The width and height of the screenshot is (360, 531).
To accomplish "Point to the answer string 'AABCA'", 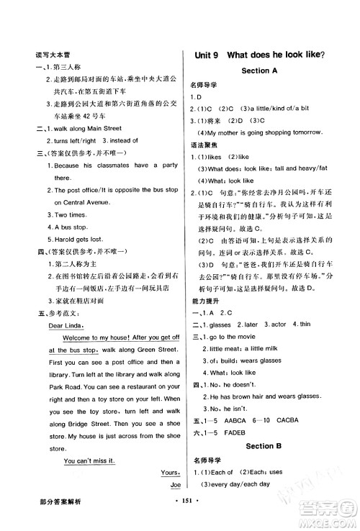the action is point(238,419).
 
